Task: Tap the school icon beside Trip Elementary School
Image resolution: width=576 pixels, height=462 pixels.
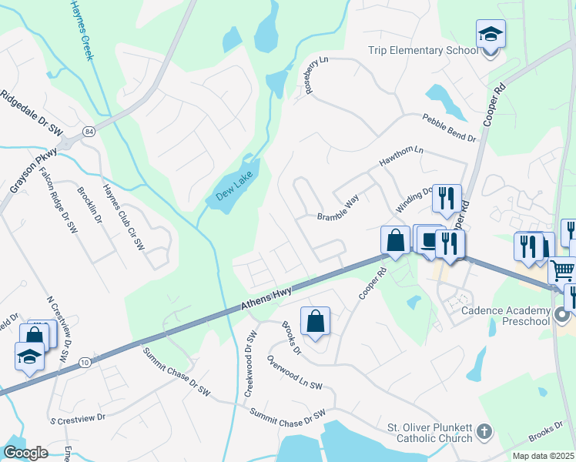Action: [491, 35]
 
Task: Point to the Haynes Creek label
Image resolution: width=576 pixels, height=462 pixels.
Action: [87, 30]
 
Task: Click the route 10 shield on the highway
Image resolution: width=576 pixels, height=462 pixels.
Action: [83, 361]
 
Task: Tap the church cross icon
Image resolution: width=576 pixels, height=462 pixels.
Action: [484, 432]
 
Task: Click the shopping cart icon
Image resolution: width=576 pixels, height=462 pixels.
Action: [563, 270]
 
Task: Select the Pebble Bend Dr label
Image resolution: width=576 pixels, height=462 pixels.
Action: [449, 128]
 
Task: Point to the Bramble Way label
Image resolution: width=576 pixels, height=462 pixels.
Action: [339, 209]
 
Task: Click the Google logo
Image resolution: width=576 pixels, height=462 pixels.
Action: [25, 453]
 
